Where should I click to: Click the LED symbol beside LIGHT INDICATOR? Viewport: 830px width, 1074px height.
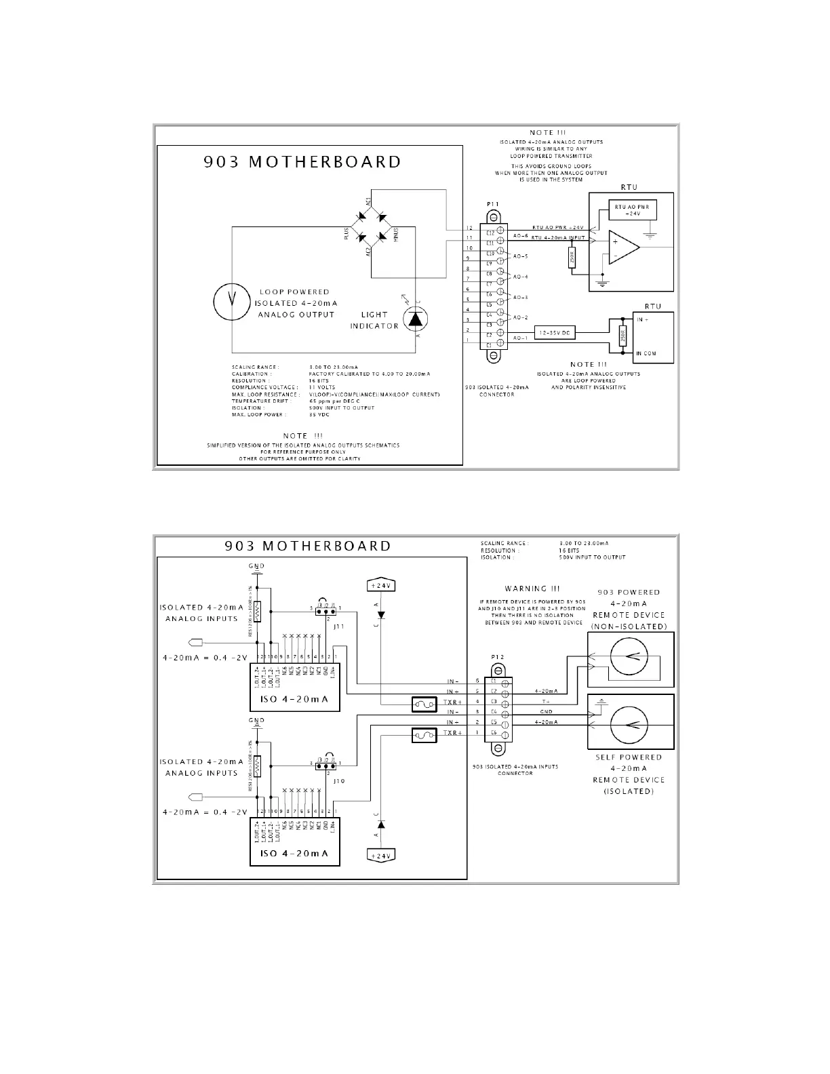tap(416, 317)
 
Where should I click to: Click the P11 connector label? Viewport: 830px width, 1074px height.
tap(493, 203)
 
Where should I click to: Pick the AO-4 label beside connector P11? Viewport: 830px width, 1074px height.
tap(521, 277)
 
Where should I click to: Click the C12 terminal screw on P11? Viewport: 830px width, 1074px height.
tap(501, 230)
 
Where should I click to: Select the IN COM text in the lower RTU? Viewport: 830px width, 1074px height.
tap(646, 353)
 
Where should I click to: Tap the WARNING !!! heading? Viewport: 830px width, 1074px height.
tap(532, 589)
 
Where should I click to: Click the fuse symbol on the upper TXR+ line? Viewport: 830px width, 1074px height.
tap(424, 704)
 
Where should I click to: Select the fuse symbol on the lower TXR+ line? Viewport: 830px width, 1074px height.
tap(424, 735)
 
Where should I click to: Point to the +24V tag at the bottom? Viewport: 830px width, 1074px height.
tap(381, 856)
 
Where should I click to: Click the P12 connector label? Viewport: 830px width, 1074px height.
tap(498, 658)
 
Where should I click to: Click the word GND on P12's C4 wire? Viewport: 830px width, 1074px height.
tap(546, 712)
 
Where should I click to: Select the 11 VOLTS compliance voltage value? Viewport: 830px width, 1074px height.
tap(322, 387)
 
